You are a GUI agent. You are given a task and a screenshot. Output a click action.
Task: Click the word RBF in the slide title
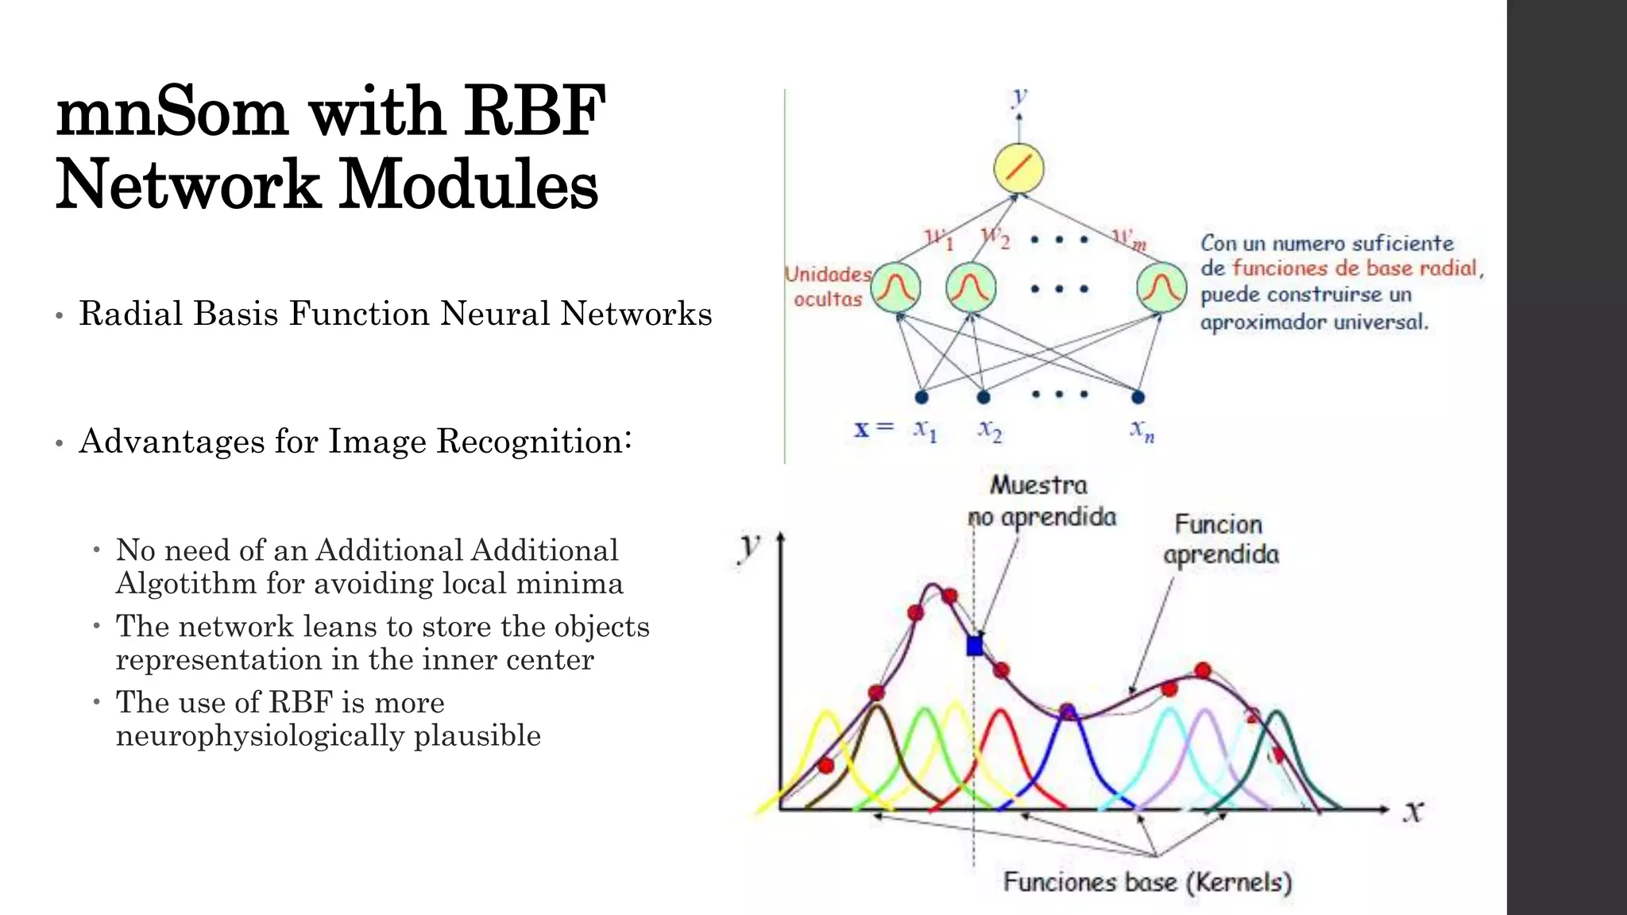point(534,112)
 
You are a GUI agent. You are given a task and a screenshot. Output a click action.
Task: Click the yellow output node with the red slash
point(1018,168)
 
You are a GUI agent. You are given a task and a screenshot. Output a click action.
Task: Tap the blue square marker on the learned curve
point(975,645)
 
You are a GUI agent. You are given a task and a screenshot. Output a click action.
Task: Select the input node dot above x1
point(922,396)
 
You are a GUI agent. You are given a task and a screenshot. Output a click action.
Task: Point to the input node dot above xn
point(1138,396)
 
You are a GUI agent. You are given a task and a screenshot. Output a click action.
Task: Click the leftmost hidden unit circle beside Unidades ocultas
point(896,288)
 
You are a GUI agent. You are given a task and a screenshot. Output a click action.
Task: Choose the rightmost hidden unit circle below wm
point(1161,288)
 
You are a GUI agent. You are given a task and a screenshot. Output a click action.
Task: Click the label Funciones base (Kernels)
point(1147,882)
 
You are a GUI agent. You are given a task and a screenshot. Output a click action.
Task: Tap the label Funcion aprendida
point(1220,539)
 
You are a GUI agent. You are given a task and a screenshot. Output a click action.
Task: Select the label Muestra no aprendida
point(1041,501)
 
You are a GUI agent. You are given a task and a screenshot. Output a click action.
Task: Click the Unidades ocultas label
point(828,287)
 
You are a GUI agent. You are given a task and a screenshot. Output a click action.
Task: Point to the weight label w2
point(994,237)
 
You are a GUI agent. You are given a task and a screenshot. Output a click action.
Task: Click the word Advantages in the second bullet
point(172,442)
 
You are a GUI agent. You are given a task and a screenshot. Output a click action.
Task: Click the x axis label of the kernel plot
point(1413,812)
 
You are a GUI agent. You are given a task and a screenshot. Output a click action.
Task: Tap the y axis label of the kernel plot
point(748,548)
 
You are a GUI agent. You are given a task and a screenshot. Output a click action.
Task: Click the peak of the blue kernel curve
point(1068,708)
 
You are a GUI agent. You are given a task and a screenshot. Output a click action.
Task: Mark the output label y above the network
point(1019,98)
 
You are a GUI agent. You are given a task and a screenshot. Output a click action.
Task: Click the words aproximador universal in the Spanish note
point(1313,322)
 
